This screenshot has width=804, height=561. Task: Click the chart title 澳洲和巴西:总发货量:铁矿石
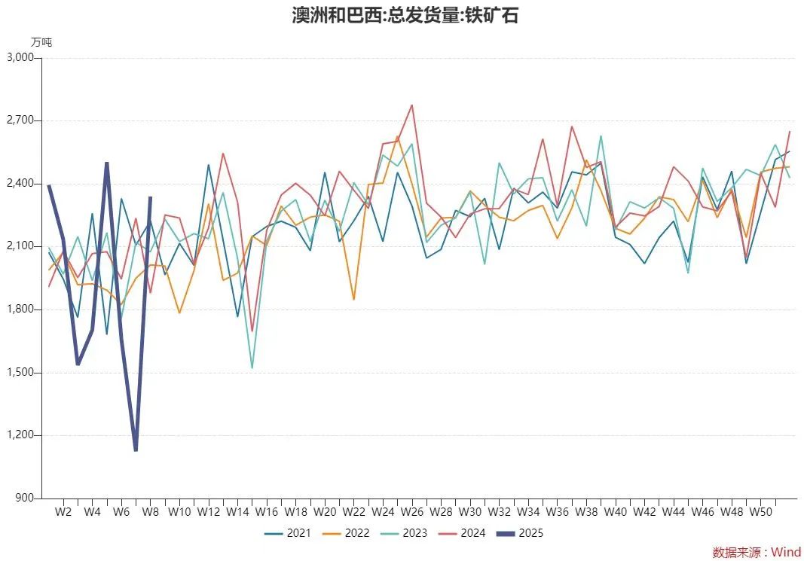pos(405,15)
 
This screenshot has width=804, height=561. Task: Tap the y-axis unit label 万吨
pos(41,42)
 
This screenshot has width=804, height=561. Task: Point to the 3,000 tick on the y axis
pos(21,58)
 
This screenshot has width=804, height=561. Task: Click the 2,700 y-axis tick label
pos(21,120)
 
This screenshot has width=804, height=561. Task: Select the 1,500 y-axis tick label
pos(21,373)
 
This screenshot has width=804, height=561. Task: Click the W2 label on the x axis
pos(63,512)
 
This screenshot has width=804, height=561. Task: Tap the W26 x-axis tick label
pos(412,512)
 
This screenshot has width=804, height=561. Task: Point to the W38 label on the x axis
pos(586,512)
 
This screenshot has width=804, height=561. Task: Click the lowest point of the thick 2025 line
pos(136,450)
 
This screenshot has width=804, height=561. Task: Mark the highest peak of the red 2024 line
pos(412,105)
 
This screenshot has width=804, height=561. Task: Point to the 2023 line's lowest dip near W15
pos(252,368)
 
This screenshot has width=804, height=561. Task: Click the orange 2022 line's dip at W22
pos(353,300)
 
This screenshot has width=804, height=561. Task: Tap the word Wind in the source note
pos(786,552)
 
